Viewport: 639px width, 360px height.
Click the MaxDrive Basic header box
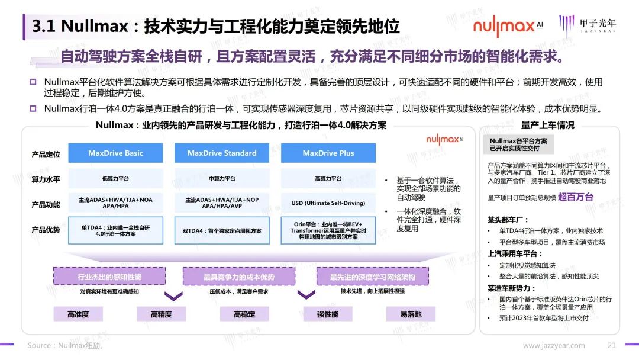[116, 153]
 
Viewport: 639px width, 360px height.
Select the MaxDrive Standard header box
[222, 153]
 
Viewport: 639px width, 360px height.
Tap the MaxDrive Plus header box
[328, 153]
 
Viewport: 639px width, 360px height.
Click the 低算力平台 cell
[116, 179]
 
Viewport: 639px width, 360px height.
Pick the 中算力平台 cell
[222, 179]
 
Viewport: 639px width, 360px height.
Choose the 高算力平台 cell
[328, 179]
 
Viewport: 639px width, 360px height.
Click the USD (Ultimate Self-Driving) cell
[328, 203]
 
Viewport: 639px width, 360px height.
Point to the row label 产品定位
[46, 155]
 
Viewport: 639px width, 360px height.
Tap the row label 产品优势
[46, 230]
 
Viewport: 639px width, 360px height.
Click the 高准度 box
[78, 314]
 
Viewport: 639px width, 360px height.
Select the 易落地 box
[411, 314]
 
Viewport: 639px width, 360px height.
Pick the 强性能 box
[328, 314]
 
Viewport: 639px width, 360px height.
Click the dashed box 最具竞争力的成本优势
[239, 277]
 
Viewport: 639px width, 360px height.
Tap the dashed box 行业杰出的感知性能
[109, 277]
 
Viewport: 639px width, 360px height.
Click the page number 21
[612, 346]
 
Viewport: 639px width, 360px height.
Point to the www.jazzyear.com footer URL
[554, 346]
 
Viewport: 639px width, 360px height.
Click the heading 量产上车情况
[547, 125]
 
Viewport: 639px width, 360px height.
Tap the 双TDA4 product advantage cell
[222, 230]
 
